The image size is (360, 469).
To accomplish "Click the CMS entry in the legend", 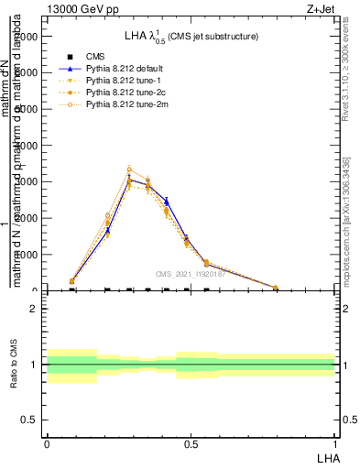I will tap(96, 57).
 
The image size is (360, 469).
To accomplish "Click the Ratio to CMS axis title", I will tap(15, 365).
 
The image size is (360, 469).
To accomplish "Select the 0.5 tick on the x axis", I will tap(191, 443).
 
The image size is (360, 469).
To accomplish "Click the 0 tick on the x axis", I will tap(47, 443).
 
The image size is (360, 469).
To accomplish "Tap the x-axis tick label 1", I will tap(334, 443).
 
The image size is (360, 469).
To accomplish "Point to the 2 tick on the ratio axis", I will tap(33, 310).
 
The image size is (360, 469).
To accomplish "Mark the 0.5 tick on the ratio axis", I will tap(30, 420).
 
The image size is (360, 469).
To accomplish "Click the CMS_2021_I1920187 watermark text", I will tap(191, 274).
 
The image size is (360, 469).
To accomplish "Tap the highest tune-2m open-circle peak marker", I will tap(129, 169).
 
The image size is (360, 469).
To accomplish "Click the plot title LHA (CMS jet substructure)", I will tap(191, 37).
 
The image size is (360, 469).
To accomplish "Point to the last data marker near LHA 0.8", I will tap(276, 288).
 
